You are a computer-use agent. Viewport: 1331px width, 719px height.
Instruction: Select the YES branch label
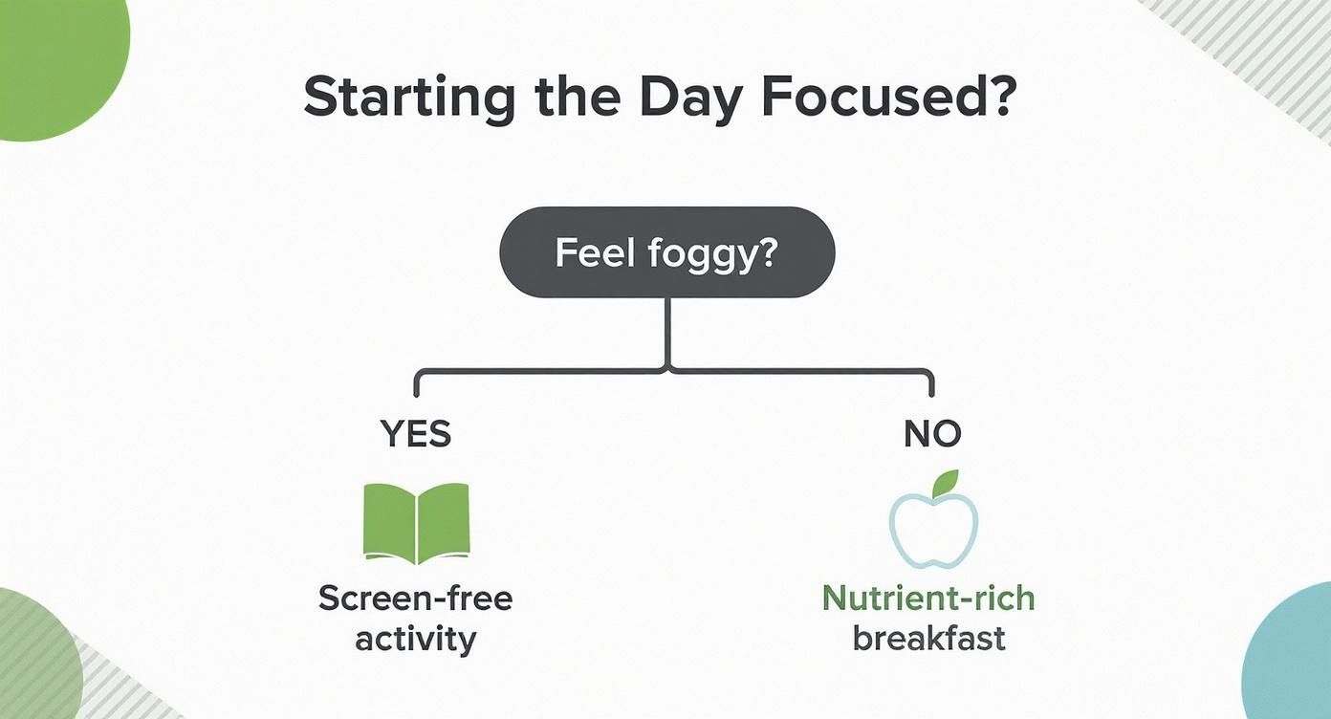416,434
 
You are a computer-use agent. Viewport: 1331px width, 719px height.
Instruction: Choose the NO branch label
932,434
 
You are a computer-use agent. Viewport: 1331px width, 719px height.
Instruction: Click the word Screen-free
415,599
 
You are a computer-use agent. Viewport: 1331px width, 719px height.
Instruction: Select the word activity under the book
415,638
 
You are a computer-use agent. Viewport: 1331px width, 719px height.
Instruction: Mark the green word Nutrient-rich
928,599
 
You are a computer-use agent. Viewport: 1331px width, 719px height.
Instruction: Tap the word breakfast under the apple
928,638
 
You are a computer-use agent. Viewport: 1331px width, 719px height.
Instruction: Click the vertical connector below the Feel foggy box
666,330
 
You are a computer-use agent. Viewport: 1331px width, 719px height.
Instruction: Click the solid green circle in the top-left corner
53,62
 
